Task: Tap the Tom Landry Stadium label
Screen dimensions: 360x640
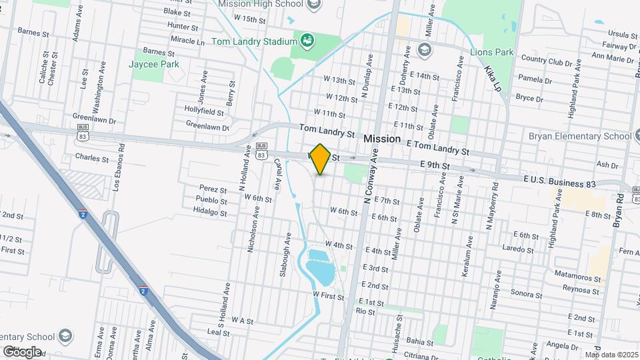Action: [253, 41]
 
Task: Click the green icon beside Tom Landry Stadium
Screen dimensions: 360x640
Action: [307, 41]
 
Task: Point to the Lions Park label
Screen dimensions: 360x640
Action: [492, 51]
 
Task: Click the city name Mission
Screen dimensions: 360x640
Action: [382, 139]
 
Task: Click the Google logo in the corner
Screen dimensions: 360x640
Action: [22, 351]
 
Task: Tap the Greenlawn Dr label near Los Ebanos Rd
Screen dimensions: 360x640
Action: [94, 121]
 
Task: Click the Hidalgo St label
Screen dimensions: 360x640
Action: [211, 213]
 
